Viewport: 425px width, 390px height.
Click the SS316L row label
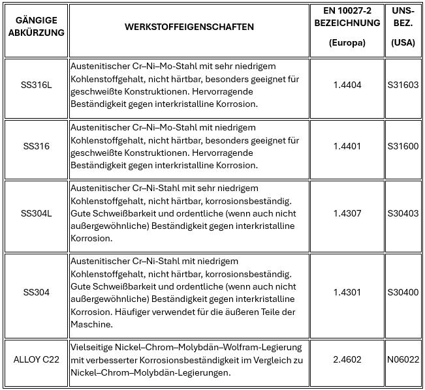(35, 85)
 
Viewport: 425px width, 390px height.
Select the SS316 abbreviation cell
(35, 146)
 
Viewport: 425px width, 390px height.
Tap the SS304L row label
(35, 213)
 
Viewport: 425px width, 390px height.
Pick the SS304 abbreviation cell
(35, 292)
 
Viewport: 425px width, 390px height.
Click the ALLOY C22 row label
(35, 359)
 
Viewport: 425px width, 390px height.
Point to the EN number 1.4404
(347, 85)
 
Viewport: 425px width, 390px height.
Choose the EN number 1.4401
(347, 146)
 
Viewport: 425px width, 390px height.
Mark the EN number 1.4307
(347, 213)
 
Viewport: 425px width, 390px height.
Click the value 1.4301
(347, 292)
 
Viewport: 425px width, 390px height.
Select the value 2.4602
(347, 359)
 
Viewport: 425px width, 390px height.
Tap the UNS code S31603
(403, 85)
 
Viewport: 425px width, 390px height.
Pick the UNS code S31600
(403, 146)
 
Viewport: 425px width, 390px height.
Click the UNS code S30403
(403, 213)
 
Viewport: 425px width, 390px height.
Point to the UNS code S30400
(403, 292)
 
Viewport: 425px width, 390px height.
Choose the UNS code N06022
(403, 359)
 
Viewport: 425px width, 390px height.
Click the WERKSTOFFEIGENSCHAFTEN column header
(189, 27)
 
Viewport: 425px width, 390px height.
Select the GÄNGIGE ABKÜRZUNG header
(35, 27)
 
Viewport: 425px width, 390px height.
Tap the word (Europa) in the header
(347, 43)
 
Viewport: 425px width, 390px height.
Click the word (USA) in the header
(403, 43)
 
